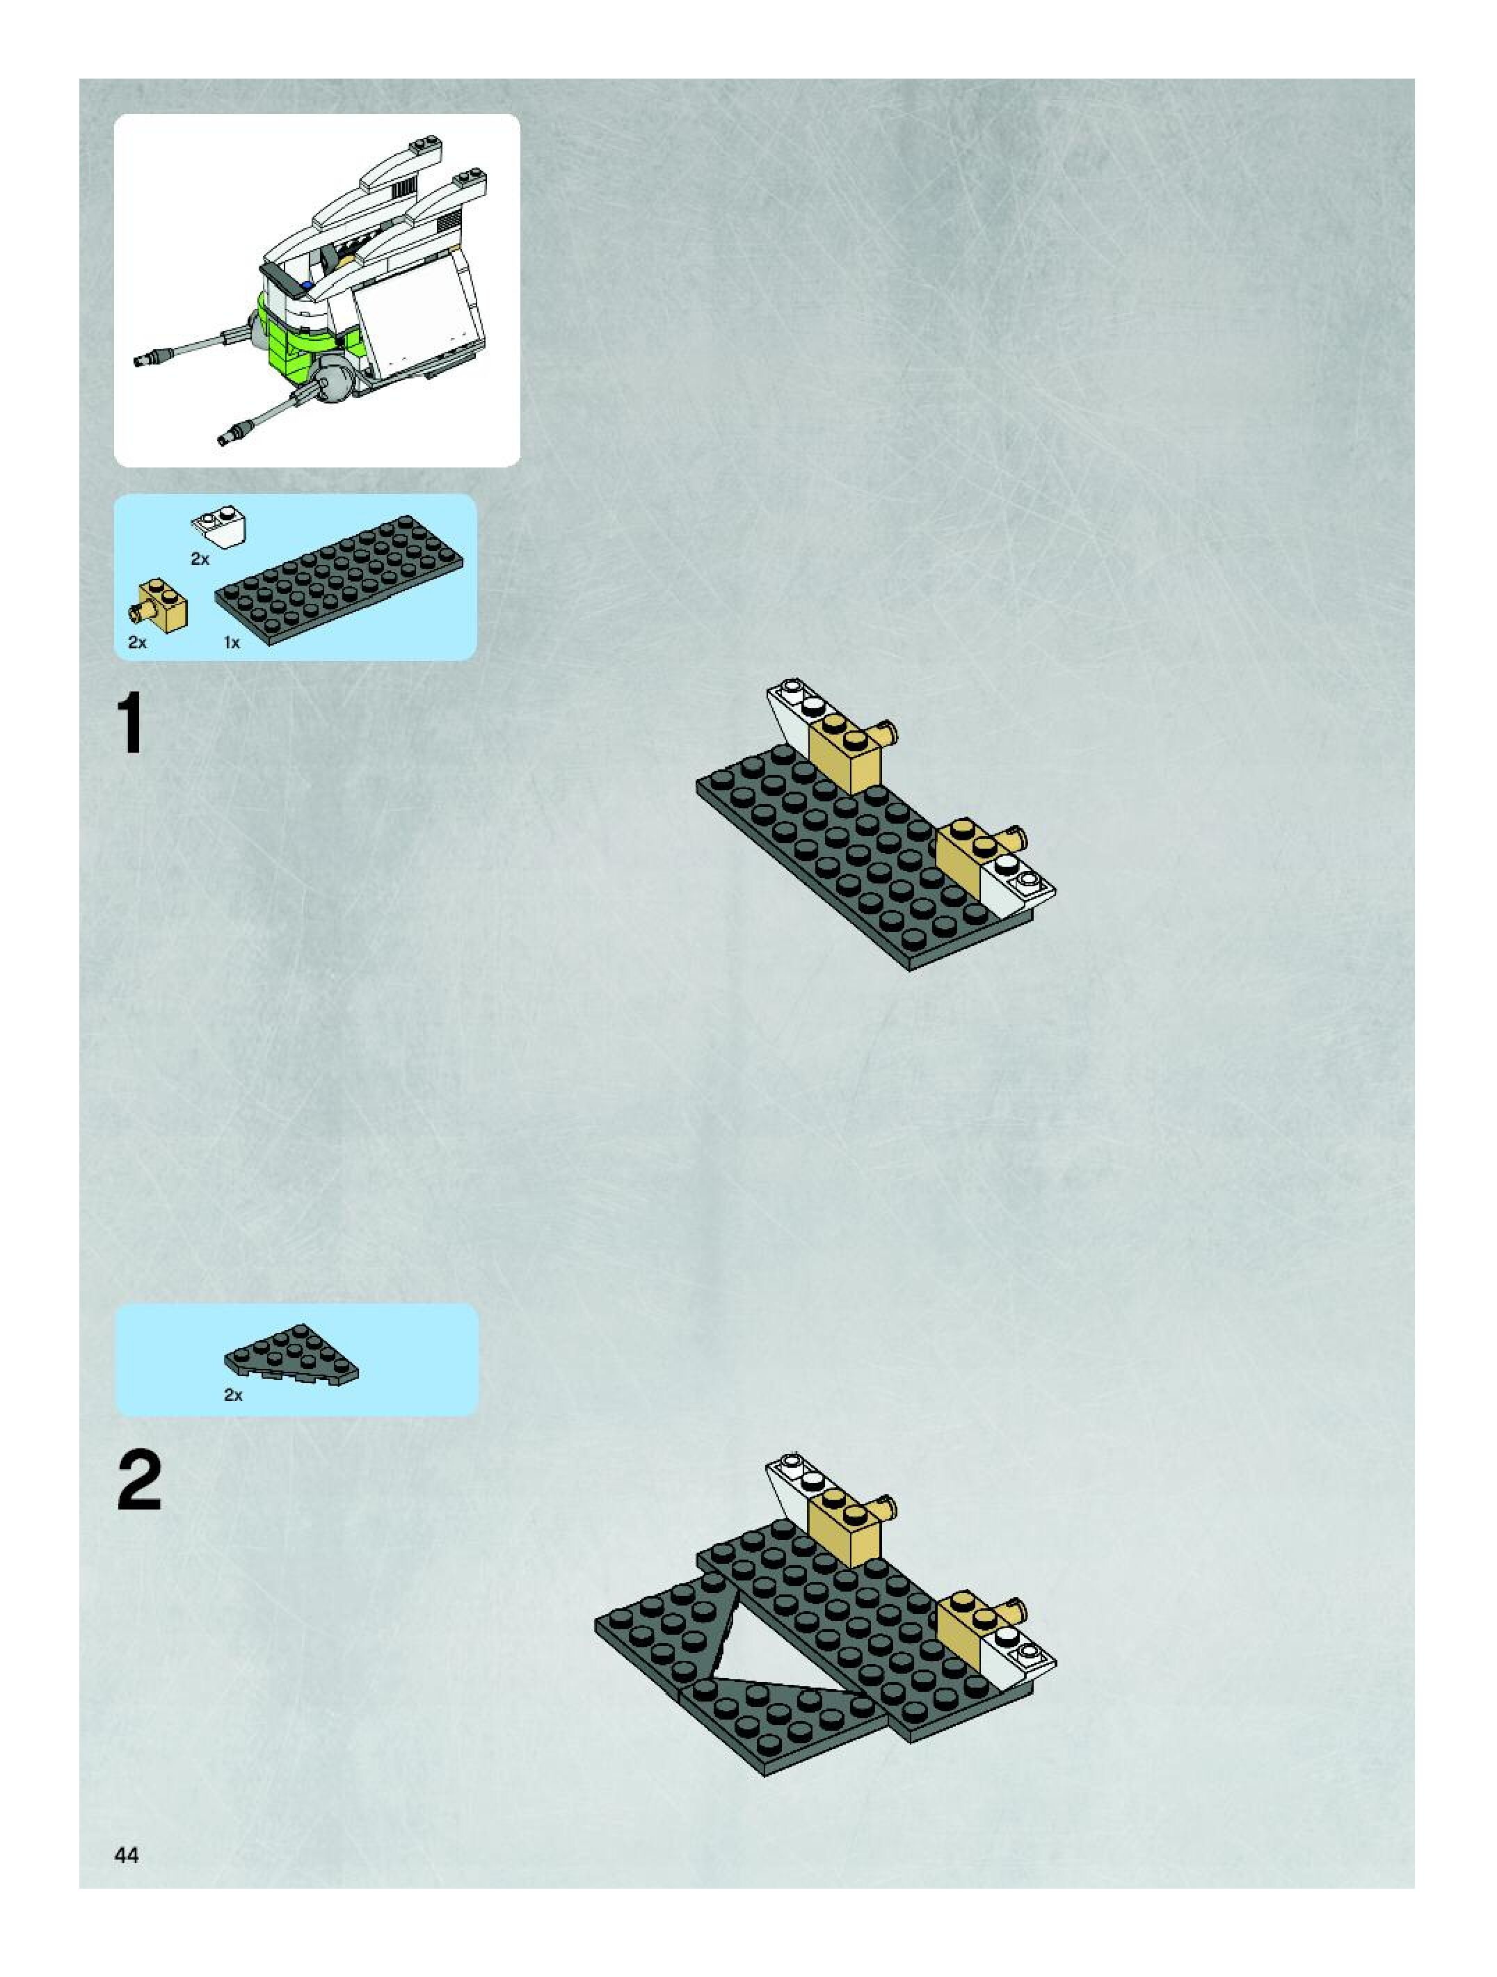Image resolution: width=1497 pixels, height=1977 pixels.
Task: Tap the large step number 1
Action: (131, 725)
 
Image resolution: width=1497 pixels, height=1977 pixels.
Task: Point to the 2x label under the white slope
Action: (200, 559)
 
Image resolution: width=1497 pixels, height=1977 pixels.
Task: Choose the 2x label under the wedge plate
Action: (232, 1394)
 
